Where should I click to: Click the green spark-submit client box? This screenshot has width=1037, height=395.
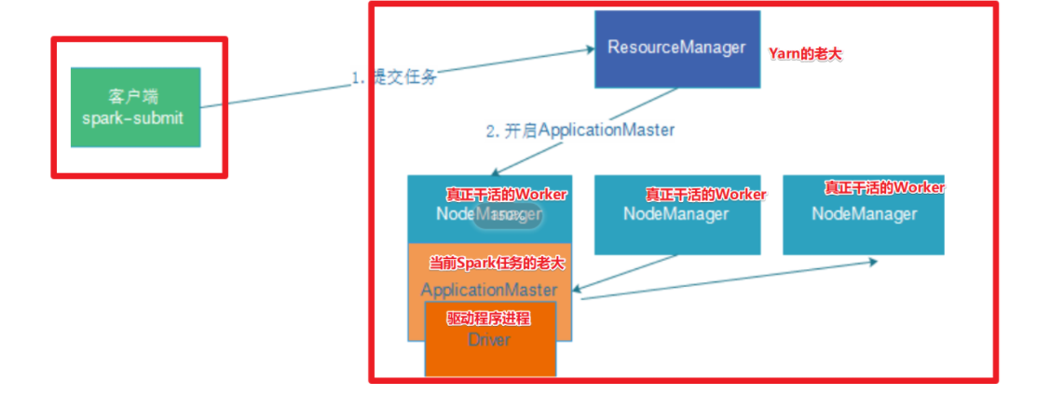tap(135, 107)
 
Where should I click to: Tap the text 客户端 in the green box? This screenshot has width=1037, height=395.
tap(135, 96)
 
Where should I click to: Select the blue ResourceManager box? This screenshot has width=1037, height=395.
tap(676, 48)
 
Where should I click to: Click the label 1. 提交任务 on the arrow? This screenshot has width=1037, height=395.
tap(394, 77)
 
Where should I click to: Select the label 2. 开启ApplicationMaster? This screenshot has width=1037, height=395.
tap(580, 130)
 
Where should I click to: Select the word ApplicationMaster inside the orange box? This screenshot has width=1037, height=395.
tap(489, 290)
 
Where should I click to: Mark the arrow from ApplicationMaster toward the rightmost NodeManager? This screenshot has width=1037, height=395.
tap(727, 280)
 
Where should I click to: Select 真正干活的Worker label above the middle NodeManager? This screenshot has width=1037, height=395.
tap(706, 195)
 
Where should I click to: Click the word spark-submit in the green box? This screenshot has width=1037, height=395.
tap(135, 119)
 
